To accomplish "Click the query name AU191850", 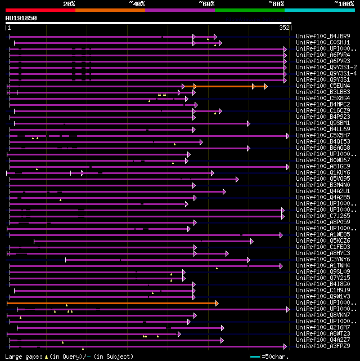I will pyautogui.click(x=21, y=18).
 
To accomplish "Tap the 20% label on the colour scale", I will pyautogui.click(x=69, y=4).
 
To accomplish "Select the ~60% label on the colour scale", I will pyautogui.click(x=206, y=4).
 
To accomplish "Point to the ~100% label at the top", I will pyautogui.click(x=344, y=4).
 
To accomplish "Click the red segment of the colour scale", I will pyautogui.click(x=40, y=10).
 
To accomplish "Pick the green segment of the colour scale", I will pyautogui.click(x=249, y=10).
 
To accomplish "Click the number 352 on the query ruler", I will pyautogui.click(x=284, y=28).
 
